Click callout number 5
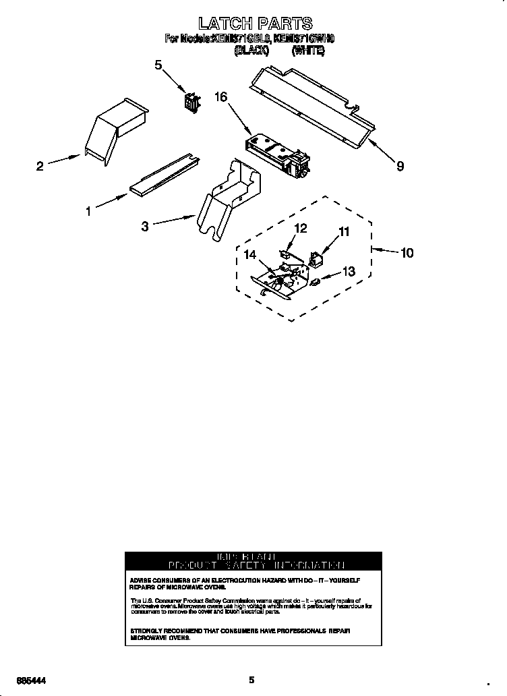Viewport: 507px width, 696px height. coord(158,65)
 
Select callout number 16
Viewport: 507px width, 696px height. coord(220,97)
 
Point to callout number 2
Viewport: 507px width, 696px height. coord(40,166)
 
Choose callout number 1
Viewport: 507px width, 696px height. coord(88,211)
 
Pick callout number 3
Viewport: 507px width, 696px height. coord(144,227)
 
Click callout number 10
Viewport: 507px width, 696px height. coord(407,253)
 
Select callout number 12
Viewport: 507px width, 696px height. coord(301,229)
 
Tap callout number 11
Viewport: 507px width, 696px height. coord(344,232)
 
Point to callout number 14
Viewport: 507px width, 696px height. coord(251,255)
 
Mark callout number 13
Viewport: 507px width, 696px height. coord(348,271)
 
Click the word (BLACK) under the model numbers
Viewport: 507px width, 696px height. coord(251,51)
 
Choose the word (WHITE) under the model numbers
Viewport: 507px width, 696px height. coord(308,51)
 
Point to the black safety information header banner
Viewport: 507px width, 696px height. coord(253,561)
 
